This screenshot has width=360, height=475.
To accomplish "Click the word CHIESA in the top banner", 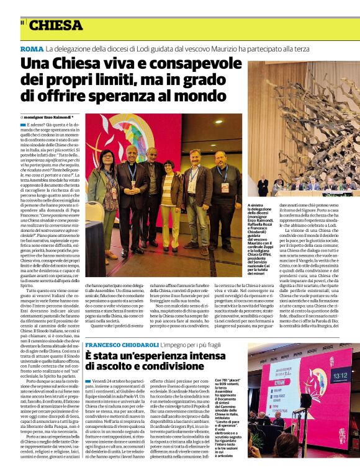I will [56, 25].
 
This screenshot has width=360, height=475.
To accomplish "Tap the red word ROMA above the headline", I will [31, 49].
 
